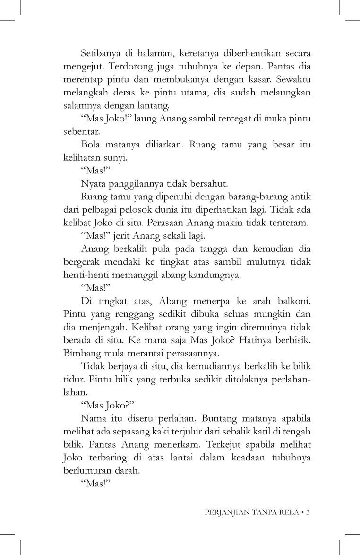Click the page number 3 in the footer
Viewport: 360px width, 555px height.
pyautogui.click(x=308, y=512)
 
